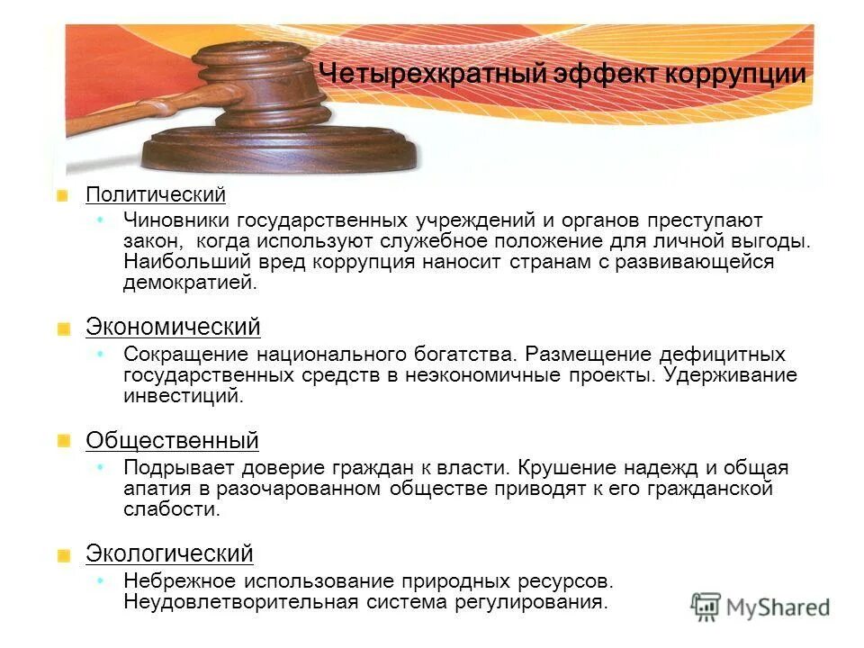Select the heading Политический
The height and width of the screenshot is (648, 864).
click(155, 194)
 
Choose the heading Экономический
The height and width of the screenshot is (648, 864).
click(173, 327)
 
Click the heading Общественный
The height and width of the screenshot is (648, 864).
click(172, 440)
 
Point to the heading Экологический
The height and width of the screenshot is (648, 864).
click(169, 553)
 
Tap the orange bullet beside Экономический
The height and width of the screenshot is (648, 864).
click(63, 328)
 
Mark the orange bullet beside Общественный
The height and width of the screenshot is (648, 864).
click(63, 441)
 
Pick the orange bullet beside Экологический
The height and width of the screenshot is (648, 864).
click(63, 554)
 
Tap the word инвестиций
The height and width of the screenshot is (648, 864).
click(183, 395)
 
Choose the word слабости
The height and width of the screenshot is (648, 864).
click(171, 508)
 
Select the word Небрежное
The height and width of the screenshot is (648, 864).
click(174, 580)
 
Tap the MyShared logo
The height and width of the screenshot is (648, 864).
click(760, 606)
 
